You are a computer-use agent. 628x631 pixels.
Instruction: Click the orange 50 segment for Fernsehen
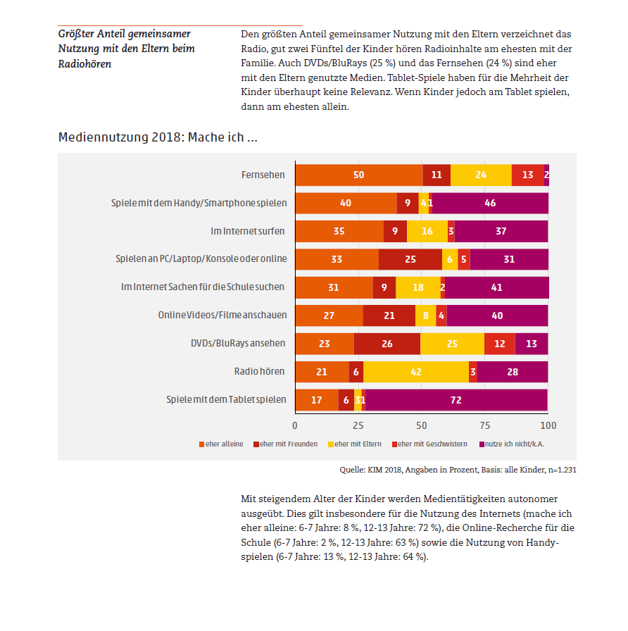[358, 175]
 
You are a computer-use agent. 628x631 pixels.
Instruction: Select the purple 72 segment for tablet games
[456, 400]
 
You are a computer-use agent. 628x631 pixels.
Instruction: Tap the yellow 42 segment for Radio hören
[415, 372]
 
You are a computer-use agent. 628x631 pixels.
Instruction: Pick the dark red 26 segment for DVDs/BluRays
[387, 344]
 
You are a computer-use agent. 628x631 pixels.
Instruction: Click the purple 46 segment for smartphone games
[490, 203]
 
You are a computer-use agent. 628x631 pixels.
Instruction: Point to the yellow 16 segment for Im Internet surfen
[427, 231]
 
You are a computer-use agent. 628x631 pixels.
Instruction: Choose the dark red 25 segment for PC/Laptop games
[410, 259]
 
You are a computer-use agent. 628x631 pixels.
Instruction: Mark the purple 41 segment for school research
[496, 287]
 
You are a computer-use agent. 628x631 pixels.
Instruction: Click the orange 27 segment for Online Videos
[329, 315]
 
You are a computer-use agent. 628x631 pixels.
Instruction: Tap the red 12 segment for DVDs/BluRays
[499, 344]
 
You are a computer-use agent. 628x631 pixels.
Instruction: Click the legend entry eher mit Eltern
[358, 444]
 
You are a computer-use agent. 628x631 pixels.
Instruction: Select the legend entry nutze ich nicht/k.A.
[513, 444]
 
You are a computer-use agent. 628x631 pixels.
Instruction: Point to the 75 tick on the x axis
[485, 425]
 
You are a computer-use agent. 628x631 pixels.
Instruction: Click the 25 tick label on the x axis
[358, 425]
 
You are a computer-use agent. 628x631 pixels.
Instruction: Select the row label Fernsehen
[264, 174]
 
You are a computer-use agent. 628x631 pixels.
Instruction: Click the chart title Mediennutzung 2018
[157, 137]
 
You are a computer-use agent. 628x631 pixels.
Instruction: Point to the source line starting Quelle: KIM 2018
[453, 469]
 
